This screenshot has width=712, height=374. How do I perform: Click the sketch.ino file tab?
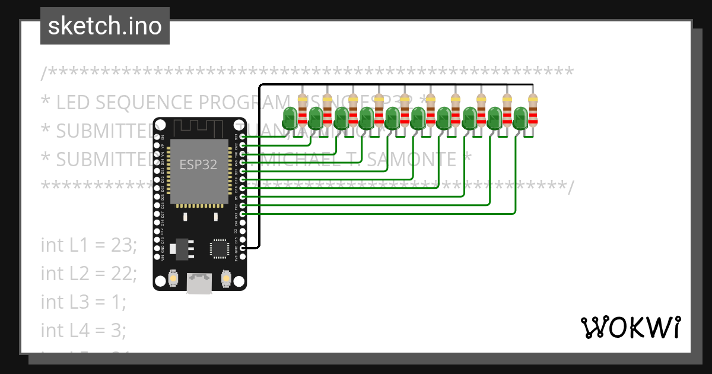104,26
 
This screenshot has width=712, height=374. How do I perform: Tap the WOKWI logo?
630,327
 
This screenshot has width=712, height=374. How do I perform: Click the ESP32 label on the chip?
199,164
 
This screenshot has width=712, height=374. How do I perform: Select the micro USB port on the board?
199,283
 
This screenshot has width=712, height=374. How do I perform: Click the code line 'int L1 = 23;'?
89,245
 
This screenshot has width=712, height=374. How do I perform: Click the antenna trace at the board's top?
199,128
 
